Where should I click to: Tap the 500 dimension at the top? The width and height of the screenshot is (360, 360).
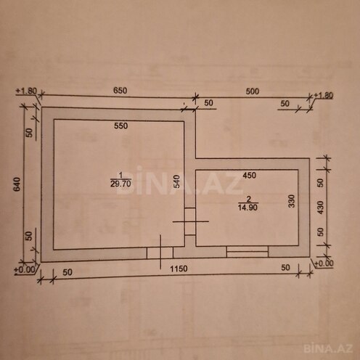pos(251,92)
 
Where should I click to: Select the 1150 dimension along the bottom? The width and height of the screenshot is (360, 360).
pos(179,269)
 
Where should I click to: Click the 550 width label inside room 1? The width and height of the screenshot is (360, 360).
pos(120,126)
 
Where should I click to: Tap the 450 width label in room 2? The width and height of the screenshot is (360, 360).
pos(249,175)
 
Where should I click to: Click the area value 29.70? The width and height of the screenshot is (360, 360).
pos(120,184)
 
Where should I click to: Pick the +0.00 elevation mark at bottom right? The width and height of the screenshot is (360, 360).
pos(324,263)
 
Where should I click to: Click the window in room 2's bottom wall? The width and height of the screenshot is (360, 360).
pos(247,251)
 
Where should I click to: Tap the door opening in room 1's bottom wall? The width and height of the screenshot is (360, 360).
pos(160,252)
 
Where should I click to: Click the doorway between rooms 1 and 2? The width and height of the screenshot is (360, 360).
pos(189,221)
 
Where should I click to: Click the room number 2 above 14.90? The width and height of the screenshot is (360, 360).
pos(248,198)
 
